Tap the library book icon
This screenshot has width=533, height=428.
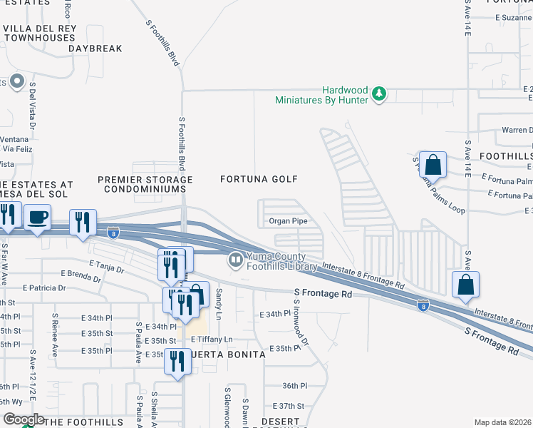click(235, 261)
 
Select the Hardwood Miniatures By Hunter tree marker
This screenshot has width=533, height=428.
click(380, 94)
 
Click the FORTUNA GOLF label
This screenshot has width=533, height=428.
click(259, 179)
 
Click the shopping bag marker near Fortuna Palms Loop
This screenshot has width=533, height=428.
click(433, 165)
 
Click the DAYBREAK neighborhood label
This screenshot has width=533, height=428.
click(95, 49)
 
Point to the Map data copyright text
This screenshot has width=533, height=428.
click(503, 422)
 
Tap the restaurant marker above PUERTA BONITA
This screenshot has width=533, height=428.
click(177, 361)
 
